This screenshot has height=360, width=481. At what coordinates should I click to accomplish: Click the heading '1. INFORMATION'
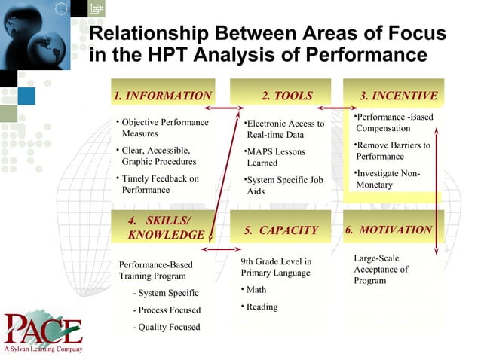(x=162, y=96)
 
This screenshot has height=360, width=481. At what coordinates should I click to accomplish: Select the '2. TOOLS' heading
(x=286, y=96)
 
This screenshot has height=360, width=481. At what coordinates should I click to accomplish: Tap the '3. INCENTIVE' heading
(x=398, y=96)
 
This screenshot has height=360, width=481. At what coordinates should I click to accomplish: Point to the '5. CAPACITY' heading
(x=281, y=230)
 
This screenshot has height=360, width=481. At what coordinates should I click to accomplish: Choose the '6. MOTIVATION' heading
(x=388, y=230)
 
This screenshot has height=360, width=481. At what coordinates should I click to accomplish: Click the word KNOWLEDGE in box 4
(x=166, y=235)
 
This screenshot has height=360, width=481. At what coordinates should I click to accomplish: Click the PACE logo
(x=43, y=329)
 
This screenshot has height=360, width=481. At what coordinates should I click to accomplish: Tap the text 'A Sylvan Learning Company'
(x=41, y=349)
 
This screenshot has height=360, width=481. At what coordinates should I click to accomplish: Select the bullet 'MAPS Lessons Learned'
(x=276, y=157)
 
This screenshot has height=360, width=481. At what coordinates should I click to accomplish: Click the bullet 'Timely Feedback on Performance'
(x=159, y=185)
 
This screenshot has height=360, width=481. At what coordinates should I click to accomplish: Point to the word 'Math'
(x=256, y=289)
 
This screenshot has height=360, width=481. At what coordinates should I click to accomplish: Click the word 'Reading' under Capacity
(x=262, y=307)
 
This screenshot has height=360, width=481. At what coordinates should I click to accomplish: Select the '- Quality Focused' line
(x=165, y=327)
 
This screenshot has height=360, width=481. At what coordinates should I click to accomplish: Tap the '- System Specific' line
(x=165, y=293)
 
